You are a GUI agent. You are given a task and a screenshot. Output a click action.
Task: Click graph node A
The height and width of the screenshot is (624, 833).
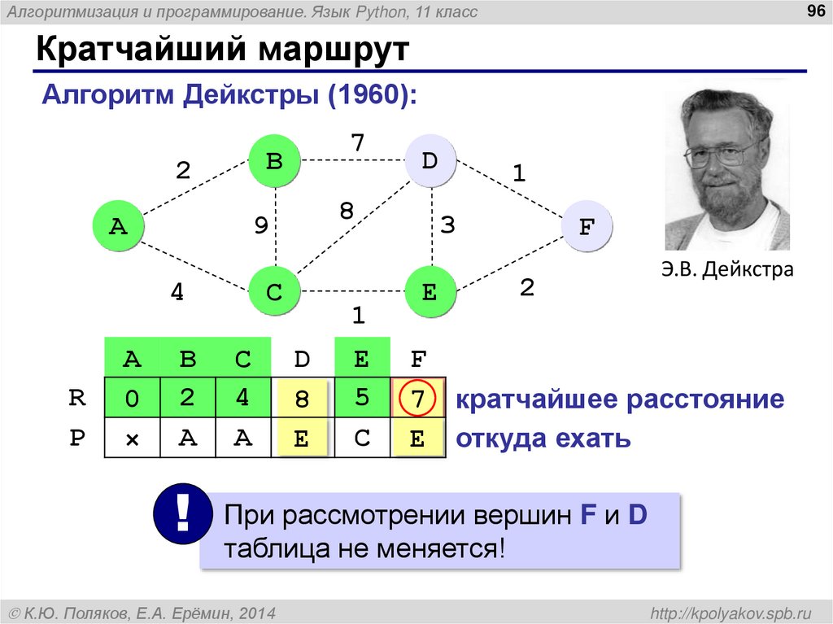point(119,226)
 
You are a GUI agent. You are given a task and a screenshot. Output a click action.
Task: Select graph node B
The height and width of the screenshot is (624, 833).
point(274,161)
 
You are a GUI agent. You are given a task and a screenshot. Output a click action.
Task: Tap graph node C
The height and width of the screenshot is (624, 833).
point(274,291)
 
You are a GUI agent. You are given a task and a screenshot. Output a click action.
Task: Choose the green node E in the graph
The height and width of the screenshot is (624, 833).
point(430,291)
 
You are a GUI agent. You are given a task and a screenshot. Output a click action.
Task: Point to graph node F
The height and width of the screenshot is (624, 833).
point(586,226)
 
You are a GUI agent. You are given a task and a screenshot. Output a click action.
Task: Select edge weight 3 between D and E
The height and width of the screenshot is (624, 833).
point(448,225)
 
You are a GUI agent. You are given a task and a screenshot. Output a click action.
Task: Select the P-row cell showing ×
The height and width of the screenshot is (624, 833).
point(132,439)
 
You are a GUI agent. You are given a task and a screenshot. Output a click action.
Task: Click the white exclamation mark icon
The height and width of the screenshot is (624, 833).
point(182,513)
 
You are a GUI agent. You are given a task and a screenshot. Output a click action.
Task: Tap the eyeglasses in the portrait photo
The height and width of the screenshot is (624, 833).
point(722,152)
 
